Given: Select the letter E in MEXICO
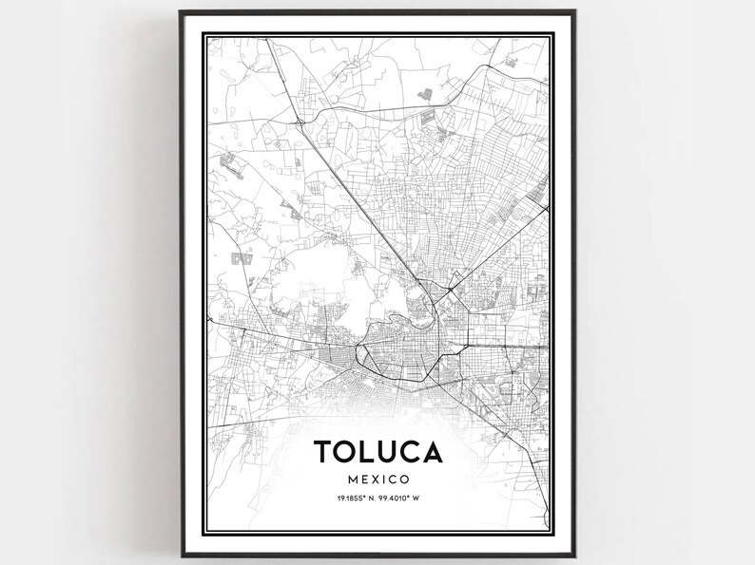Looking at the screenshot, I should tap(356, 480).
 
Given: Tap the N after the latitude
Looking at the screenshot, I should tap(368, 499).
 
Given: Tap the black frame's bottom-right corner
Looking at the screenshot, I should tap(575, 553).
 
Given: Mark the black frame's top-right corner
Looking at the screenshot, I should tap(575, 12).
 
